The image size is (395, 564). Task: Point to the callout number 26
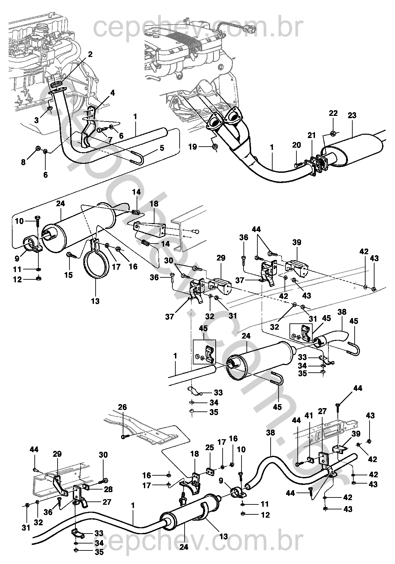pos(122,407)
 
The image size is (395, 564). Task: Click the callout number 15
pos(68,275)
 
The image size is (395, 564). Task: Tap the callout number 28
pos(108,489)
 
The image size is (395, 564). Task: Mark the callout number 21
pos(312,135)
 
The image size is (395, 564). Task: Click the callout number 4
pos(112,93)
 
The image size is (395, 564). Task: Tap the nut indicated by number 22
pos(333,133)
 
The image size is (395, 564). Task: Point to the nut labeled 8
pos(38,148)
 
